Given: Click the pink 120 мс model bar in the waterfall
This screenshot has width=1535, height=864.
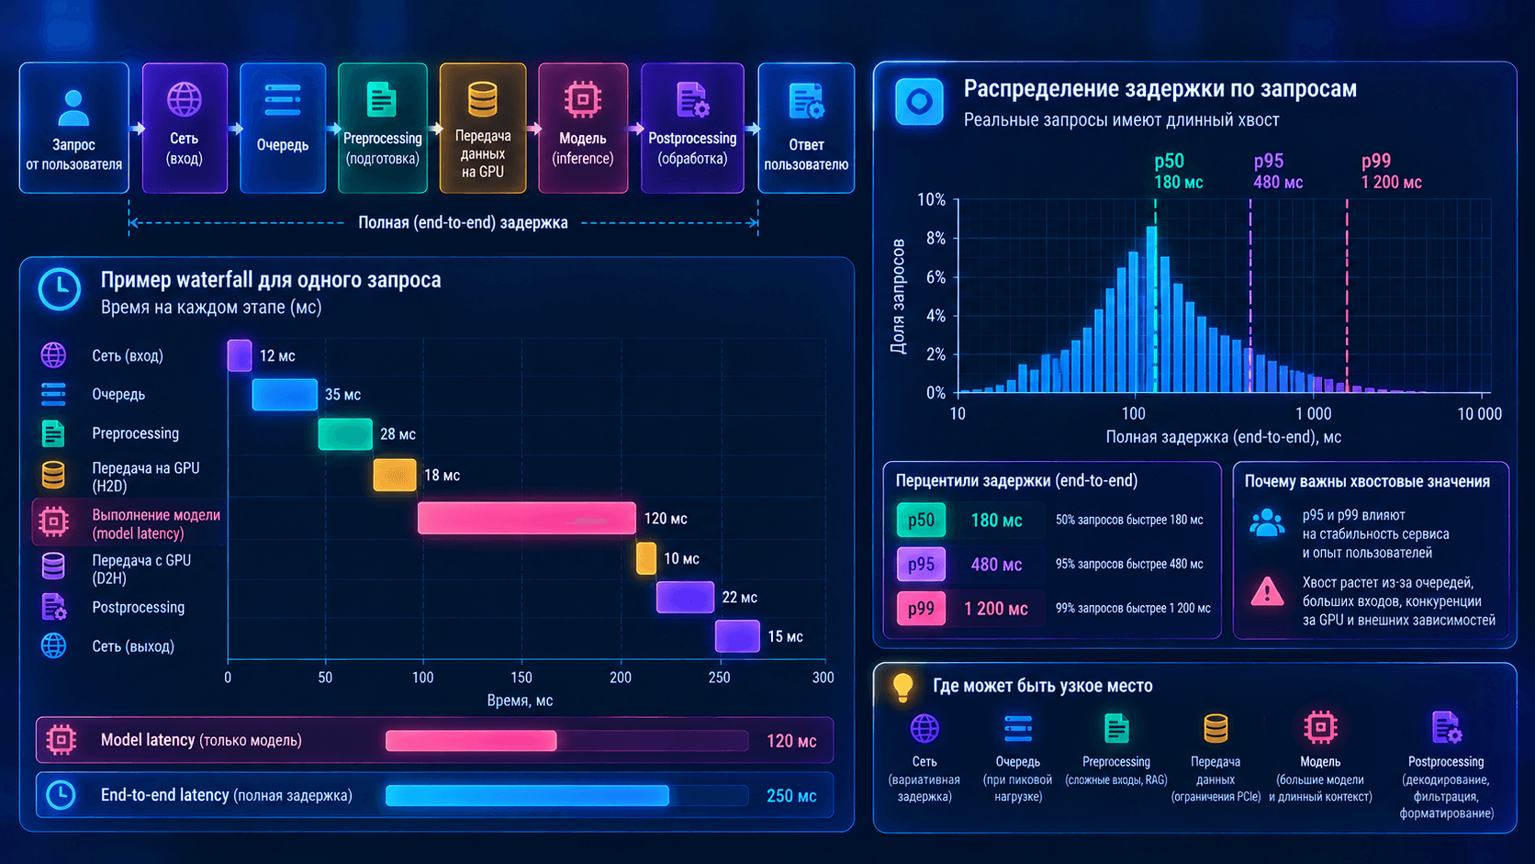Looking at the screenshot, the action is click(x=526, y=518).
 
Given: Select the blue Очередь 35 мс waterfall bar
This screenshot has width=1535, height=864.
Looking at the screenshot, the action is click(x=285, y=395).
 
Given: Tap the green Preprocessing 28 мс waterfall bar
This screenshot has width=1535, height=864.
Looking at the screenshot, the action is click(x=345, y=434).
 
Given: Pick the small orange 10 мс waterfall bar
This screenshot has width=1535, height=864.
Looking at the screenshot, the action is click(x=646, y=558).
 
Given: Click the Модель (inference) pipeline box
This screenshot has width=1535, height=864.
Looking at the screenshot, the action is click(x=582, y=129).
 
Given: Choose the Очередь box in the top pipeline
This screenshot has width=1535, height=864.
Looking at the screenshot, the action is click(x=283, y=129).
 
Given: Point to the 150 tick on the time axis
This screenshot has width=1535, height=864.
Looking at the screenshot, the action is click(x=521, y=678).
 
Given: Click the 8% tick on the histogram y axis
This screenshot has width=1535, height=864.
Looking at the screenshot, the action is click(x=931, y=239).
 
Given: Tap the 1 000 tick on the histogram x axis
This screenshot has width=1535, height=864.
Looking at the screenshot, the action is click(x=1314, y=414).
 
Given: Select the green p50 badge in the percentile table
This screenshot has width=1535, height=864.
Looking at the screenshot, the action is click(x=921, y=520).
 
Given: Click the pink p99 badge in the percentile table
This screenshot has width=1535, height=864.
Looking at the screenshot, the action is click(x=921, y=609).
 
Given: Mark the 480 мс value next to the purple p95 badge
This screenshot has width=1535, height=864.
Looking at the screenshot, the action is click(x=996, y=565).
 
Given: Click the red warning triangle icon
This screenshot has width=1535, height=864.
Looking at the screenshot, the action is click(x=1267, y=592).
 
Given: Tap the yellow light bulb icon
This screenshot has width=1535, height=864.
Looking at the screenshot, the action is click(x=902, y=687).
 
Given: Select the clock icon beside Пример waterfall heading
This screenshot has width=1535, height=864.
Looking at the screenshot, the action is click(x=60, y=289).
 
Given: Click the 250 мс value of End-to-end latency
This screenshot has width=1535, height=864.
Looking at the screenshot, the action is click(x=791, y=796).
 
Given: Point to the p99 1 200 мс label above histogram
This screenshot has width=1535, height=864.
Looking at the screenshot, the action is click(x=1391, y=172).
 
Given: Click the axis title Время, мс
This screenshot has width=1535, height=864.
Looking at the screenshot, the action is click(x=521, y=701).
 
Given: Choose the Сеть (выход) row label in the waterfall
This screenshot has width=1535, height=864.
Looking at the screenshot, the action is click(x=133, y=646).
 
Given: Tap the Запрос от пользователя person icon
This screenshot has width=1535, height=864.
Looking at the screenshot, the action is click(x=73, y=108).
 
